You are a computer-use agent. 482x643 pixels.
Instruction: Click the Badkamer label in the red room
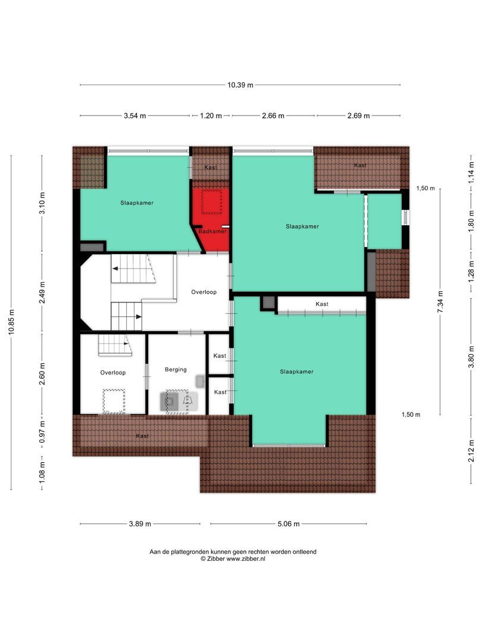[x=212, y=231]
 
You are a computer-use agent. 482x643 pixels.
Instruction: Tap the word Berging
[x=176, y=369]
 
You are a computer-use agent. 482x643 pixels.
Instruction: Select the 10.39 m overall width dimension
[x=240, y=85]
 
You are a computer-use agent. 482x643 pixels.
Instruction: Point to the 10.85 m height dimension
[x=11, y=323]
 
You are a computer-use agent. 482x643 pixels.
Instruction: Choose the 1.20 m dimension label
[x=210, y=116]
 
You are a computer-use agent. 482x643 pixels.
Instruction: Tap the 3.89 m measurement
[x=139, y=524]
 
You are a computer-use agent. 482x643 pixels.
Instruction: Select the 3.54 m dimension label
[x=134, y=116]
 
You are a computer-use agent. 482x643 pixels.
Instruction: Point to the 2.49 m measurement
[x=42, y=292]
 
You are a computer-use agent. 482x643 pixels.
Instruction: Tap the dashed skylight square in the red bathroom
[x=211, y=202]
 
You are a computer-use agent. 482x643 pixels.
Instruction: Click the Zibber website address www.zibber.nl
[x=245, y=559]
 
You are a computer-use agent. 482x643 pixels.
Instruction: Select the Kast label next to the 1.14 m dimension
[x=360, y=165]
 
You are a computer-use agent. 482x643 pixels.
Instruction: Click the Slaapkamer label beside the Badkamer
[x=136, y=203]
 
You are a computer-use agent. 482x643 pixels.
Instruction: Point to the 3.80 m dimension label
[x=471, y=357]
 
